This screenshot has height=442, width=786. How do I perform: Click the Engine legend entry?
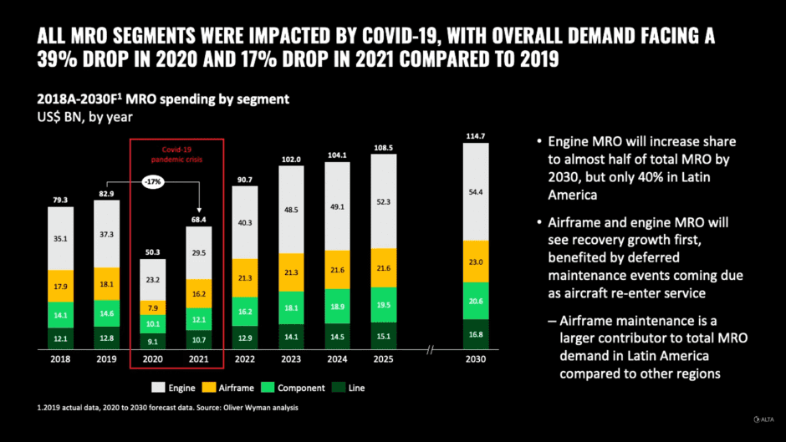pyautogui.click(x=174, y=388)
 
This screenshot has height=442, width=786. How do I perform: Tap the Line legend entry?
pyautogui.click(x=350, y=388)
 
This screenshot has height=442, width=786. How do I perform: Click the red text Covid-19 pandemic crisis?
pyautogui.click(x=176, y=153)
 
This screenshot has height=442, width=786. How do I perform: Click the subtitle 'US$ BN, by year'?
pyautogui.click(x=84, y=117)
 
